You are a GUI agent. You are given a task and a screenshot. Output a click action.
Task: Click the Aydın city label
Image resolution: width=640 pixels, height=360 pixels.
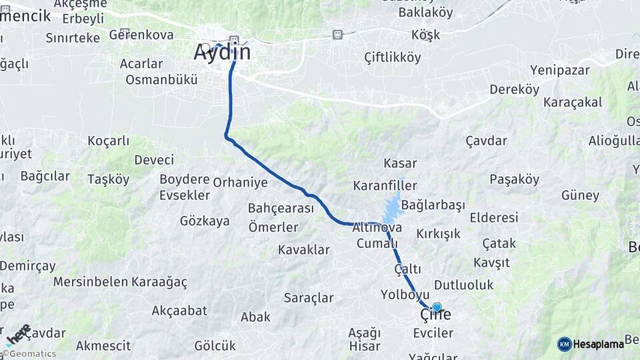[222, 52]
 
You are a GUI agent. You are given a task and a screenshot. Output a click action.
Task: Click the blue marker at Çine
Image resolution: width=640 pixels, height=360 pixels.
[437, 307]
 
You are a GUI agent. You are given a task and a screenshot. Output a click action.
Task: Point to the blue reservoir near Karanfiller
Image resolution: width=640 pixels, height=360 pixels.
[392, 208]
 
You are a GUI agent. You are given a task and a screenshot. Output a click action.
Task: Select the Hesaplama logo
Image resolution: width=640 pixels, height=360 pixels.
[591, 344]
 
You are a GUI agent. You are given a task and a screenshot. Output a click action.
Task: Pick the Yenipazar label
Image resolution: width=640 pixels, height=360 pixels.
[560, 69]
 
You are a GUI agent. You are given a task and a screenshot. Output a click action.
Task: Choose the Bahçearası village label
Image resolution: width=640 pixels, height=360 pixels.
[281, 208]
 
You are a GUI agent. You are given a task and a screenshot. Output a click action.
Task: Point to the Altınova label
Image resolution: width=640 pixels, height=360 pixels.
[377, 227]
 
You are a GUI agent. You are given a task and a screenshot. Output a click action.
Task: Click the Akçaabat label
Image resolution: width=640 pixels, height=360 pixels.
[179, 310]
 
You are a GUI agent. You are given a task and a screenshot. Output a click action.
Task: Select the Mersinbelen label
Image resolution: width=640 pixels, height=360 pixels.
[90, 281]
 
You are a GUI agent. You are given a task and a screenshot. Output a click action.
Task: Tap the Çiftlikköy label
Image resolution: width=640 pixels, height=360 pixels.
[393, 57]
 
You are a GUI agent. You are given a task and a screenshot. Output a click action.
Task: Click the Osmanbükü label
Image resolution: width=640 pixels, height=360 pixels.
[161, 79]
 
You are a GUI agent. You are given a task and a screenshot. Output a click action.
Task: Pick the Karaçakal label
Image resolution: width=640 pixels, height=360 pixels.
[573, 102]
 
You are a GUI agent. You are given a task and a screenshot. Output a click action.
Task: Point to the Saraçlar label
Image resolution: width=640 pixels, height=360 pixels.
[309, 297]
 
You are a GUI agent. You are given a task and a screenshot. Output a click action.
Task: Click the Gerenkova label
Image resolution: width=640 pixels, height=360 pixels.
[141, 35]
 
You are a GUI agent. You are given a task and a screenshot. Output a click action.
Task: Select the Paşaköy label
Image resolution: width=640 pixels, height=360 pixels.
[514, 179]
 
